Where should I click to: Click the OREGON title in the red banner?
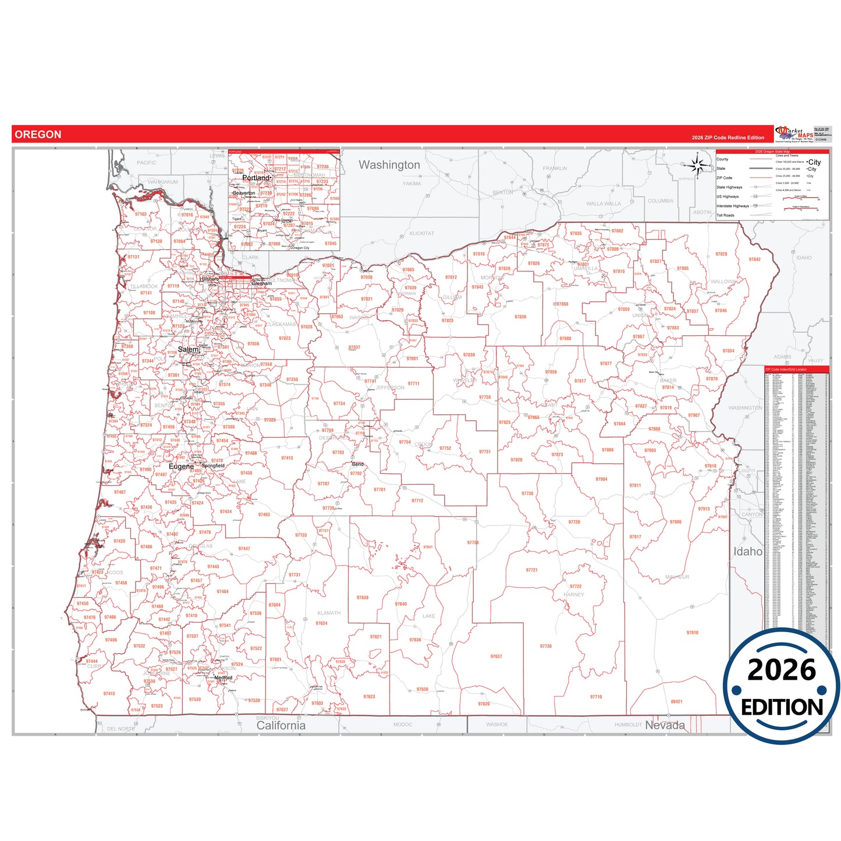pyautogui.click(x=38, y=134)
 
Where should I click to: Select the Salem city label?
pyautogui.click(x=188, y=349)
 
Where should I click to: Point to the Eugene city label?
pyautogui.click(x=181, y=466)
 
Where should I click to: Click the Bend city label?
pyautogui.click(x=357, y=464)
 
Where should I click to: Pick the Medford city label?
pyautogui.click(x=223, y=677)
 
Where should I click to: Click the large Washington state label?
pyautogui.click(x=389, y=165)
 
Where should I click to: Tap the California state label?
pyautogui.click(x=281, y=725)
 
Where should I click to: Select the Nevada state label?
pyautogui.click(x=664, y=725)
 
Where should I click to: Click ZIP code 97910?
pyautogui.click(x=692, y=633)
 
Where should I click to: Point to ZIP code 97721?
pyautogui.click(x=531, y=570)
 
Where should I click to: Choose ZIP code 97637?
pyautogui.click(x=496, y=657)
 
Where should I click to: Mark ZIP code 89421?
pyautogui.click(x=676, y=701)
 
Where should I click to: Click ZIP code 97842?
pyautogui.click(x=754, y=260)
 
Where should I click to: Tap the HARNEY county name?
pyautogui.click(x=573, y=595)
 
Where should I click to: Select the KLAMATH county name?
pyautogui.click(x=329, y=613)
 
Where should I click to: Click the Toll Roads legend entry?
pyautogui.click(x=725, y=215)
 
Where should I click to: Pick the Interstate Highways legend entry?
pyautogui.click(x=732, y=206)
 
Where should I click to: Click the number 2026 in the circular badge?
pyautogui.click(x=782, y=670)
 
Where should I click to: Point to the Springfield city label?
pyautogui.click(x=213, y=466)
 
